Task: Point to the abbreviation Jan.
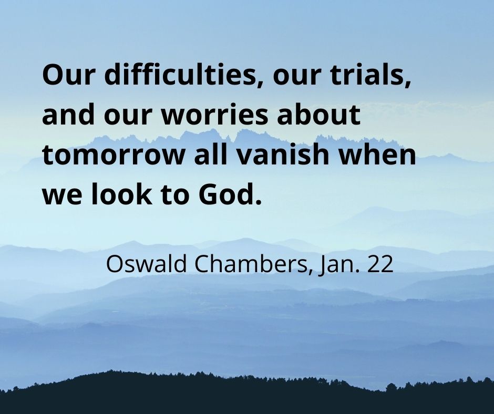(x=339, y=264)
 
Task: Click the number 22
(x=380, y=264)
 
